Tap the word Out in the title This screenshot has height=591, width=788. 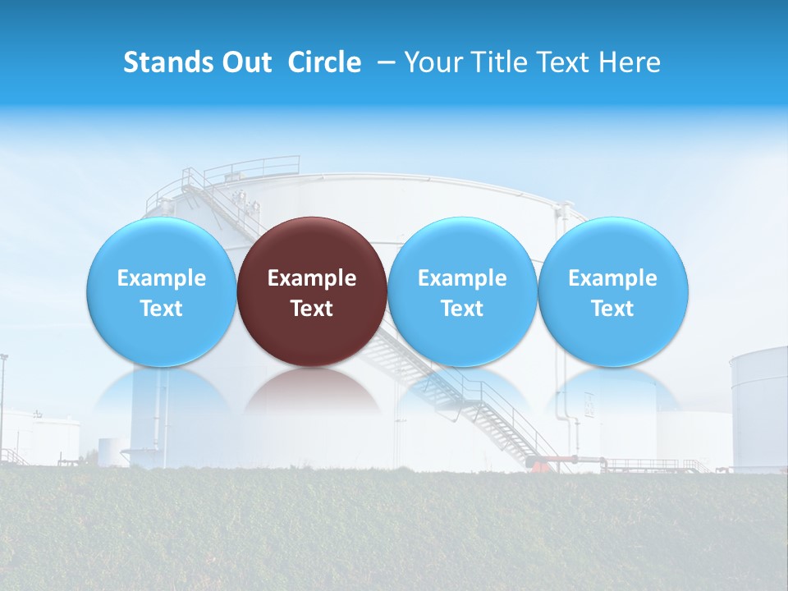click(x=248, y=62)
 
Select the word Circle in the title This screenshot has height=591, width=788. click(x=324, y=62)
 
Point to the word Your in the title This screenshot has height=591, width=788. click(x=432, y=62)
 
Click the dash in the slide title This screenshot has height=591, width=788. click(x=386, y=62)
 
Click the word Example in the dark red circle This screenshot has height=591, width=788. click(x=312, y=278)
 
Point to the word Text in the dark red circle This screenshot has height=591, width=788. click(x=312, y=309)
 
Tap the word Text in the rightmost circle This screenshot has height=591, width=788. click(x=613, y=309)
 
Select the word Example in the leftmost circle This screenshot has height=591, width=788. click(x=161, y=278)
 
